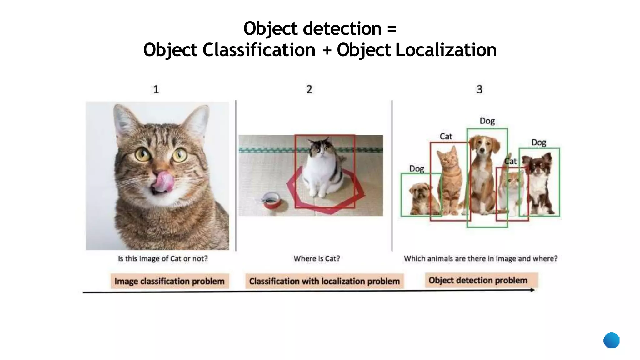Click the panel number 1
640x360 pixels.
[156, 90]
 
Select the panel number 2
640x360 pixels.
[309, 89]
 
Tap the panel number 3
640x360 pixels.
[479, 89]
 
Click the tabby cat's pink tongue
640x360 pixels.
[163, 181]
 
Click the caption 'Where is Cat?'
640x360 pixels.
[317, 258]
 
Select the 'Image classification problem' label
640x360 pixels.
[169, 281]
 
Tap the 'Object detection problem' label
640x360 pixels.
[478, 280]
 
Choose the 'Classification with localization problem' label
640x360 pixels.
[324, 281]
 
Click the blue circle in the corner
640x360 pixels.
[611, 340]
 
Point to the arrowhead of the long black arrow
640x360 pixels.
[532, 290]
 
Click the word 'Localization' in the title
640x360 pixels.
[446, 50]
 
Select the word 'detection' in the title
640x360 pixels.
[342, 29]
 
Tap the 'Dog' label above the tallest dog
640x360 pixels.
[487, 121]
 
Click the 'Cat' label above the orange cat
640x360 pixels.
[446, 137]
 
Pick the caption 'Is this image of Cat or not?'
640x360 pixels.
[163, 258]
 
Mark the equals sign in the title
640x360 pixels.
[392, 29]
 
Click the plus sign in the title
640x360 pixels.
[327, 50]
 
